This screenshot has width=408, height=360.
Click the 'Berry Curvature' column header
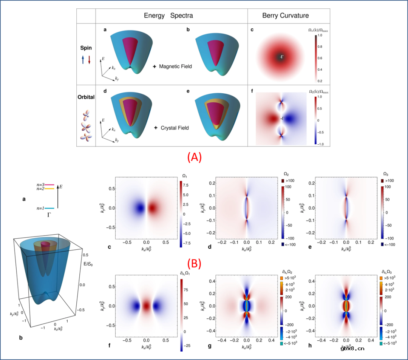point(285,16)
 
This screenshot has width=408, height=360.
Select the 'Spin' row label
point(86,49)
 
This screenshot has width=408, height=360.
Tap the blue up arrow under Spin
point(83,60)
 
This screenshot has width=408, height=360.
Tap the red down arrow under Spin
point(89,60)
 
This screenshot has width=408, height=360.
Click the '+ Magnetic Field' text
point(172,66)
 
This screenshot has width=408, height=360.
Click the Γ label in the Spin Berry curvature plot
point(281,57)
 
